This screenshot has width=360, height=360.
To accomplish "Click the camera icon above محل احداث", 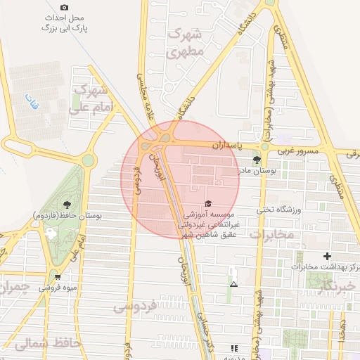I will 65,7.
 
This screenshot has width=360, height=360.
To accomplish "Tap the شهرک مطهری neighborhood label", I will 186,42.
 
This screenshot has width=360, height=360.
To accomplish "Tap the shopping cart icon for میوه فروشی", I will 57,276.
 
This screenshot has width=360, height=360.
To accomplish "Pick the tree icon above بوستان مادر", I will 255,160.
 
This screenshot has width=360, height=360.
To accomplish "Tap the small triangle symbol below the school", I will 233,284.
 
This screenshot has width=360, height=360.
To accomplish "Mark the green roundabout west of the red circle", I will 88,160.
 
